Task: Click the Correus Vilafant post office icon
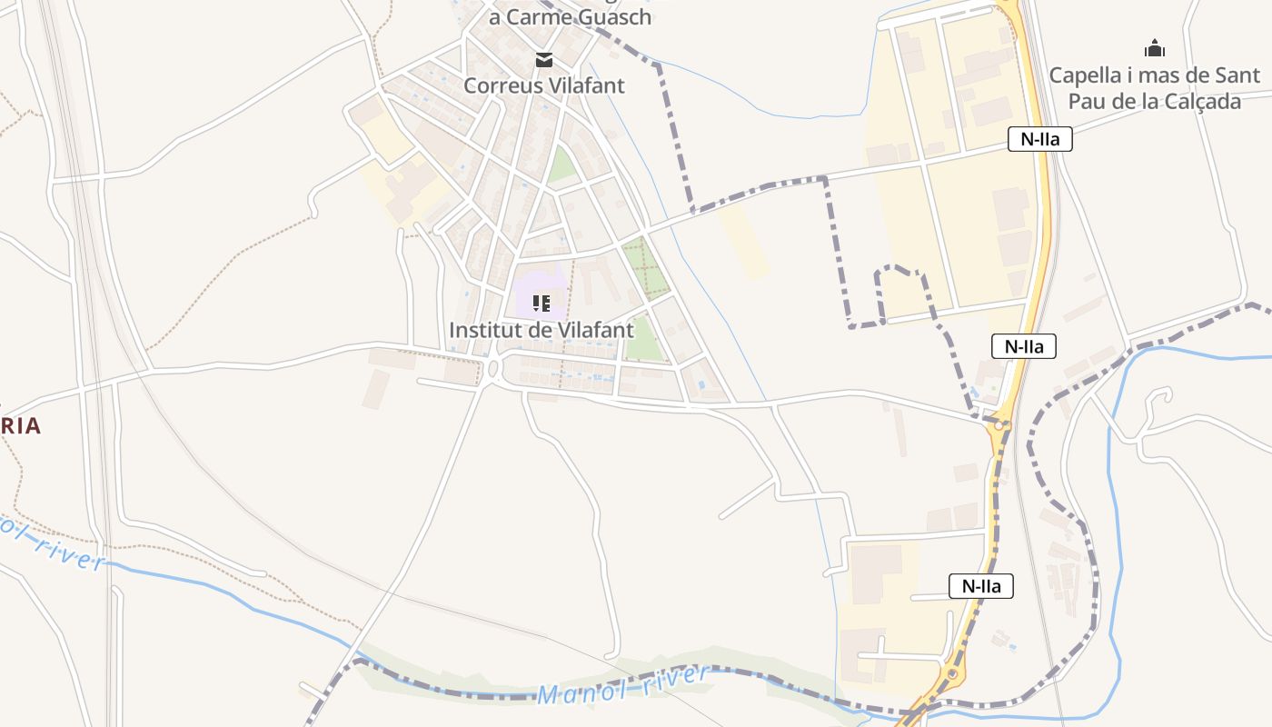[x=543, y=61]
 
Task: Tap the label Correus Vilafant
[x=543, y=85]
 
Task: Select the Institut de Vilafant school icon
[x=542, y=303]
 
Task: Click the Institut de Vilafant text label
[x=542, y=330]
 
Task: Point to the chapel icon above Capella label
[x=1155, y=48]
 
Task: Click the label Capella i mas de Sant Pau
[x=1155, y=87]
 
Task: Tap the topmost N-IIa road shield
[x=1039, y=139]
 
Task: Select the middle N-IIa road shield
[x=1023, y=345]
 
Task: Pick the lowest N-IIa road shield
[x=981, y=586]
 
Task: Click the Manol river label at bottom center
[x=622, y=686]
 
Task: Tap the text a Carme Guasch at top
[x=571, y=16]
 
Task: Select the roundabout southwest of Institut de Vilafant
[x=493, y=368]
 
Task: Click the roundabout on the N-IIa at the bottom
[x=951, y=674]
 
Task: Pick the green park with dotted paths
[x=646, y=268]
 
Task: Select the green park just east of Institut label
[x=643, y=340]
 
